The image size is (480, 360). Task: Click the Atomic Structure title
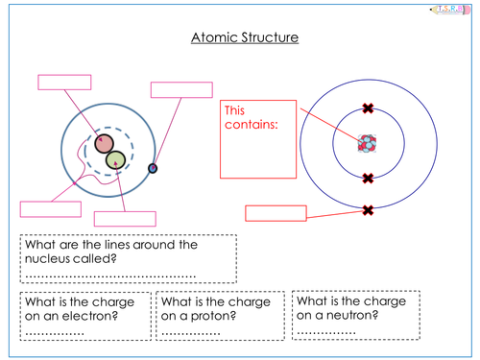[245, 37]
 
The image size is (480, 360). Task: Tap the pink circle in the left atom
[104, 143]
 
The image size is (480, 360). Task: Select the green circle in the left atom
[115, 160]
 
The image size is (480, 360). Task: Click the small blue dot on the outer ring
[153, 168]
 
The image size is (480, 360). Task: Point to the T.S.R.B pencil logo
[450, 10]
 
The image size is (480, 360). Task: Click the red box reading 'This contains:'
[258, 139]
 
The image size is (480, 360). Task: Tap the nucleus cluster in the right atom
[368, 143]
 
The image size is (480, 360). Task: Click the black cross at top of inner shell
[368, 108]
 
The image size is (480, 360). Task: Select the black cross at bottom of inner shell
[368, 179]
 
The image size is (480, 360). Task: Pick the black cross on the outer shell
[368, 210]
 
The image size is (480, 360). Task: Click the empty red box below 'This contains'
[276, 213]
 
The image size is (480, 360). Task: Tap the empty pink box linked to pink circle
[64, 83]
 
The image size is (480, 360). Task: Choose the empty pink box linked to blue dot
[181, 90]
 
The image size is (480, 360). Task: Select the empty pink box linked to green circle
[125, 219]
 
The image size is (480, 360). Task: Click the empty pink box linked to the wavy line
[51, 209]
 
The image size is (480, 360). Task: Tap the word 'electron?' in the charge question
[90, 316]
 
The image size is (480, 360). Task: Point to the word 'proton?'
[213, 316]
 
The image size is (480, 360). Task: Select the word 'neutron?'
[352, 316]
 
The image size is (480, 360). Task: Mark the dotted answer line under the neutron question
[326, 333]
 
